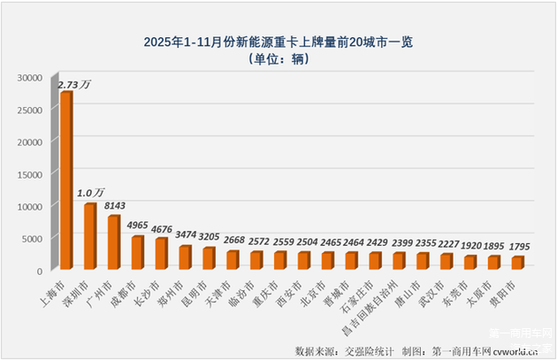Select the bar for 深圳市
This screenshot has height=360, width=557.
pos(90,236)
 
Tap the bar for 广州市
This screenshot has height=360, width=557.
pos(114,241)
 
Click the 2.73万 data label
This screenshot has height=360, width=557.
pos(75,86)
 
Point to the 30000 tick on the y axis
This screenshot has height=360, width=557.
pos(29,78)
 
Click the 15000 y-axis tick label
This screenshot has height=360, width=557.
pos(29,173)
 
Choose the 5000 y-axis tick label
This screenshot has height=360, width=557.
pos(32,237)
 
